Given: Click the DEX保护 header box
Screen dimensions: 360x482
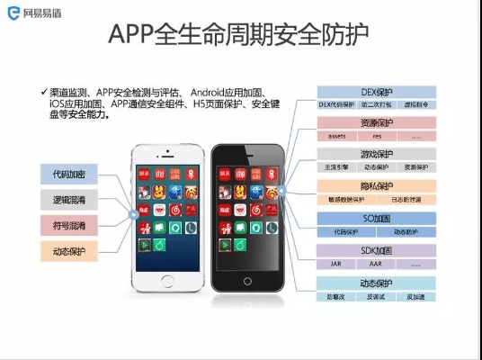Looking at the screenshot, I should click(x=376, y=92).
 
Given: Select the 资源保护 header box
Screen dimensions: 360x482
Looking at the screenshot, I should click(x=376, y=122).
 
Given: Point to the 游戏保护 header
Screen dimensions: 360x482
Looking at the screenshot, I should click(x=376, y=154).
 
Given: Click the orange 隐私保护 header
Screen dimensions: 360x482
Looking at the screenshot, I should click(x=376, y=185).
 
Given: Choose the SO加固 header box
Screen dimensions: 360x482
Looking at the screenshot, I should click(x=376, y=218).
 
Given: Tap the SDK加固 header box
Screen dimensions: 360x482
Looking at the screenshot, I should click(x=376, y=250).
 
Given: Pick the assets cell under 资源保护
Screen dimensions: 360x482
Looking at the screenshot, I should click(x=336, y=136).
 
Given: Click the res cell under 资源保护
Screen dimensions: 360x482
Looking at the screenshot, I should click(x=375, y=136).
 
